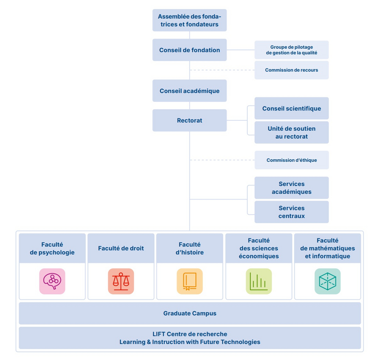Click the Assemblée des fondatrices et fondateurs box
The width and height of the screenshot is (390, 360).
click(x=190, y=20)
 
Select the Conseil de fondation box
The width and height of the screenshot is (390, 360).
click(x=190, y=50)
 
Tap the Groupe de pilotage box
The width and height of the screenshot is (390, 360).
click(x=292, y=50)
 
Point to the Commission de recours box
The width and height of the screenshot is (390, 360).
click(x=292, y=70)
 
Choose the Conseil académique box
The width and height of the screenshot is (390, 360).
click(x=190, y=91)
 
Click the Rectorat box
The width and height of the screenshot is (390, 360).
click(x=190, y=120)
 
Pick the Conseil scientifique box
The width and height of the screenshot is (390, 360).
click(x=292, y=108)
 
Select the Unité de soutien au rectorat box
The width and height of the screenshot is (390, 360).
click(x=292, y=132)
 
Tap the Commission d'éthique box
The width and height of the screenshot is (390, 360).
click(x=292, y=160)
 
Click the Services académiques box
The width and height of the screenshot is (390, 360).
click(x=292, y=188)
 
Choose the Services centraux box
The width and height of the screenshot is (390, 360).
click(x=292, y=212)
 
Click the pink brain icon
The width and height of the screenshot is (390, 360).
click(x=52, y=281)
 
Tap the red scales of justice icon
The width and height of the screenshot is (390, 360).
click(x=121, y=281)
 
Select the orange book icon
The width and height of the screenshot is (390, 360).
click(x=190, y=281)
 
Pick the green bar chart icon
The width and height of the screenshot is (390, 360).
click(x=259, y=281)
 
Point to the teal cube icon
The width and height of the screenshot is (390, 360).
click(x=328, y=281)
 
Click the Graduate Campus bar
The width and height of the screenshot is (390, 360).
click(x=190, y=313)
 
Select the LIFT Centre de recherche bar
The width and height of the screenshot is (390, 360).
click(x=190, y=338)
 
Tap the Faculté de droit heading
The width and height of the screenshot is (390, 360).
click(x=121, y=248)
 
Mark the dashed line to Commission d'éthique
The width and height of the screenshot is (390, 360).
click(x=222, y=160)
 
